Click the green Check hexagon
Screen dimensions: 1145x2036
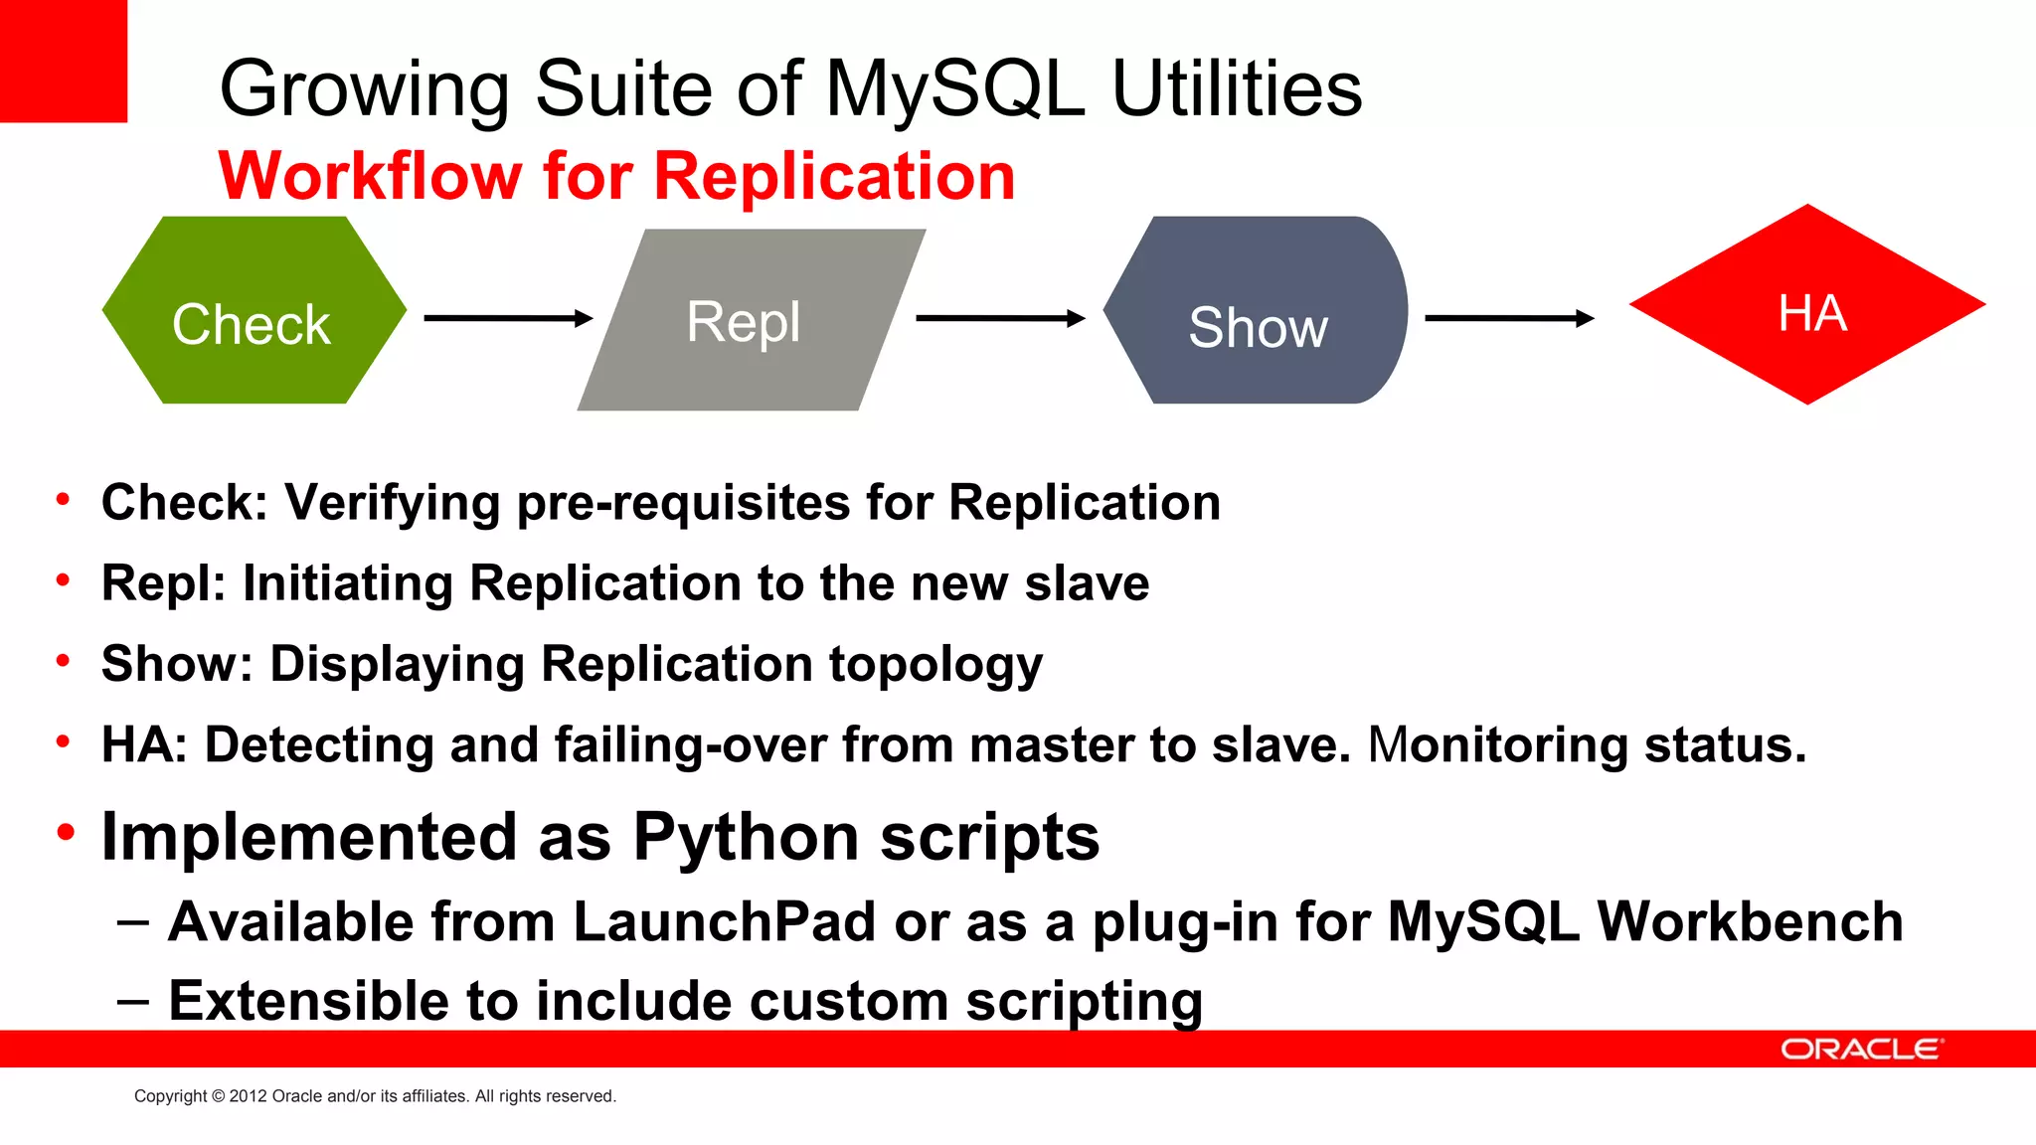click(254, 310)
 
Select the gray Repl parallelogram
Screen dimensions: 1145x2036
click(751, 320)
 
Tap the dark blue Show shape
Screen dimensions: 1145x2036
click(1258, 310)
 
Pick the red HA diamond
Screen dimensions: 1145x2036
click(1807, 305)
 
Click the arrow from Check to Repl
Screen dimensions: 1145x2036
click(507, 318)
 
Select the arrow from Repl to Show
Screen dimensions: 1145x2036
click(999, 318)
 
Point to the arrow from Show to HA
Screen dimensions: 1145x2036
click(1508, 318)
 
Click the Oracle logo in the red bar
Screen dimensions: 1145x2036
click(1860, 1050)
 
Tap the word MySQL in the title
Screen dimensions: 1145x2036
click(953, 89)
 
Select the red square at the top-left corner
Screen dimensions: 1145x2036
click(63, 60)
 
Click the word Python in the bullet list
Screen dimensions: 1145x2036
click(747, 837)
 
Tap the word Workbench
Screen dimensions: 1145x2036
click(1749, 921)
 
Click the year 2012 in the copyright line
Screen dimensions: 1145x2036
click(248, 1096)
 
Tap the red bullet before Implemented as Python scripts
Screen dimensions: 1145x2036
click(66, 833)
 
